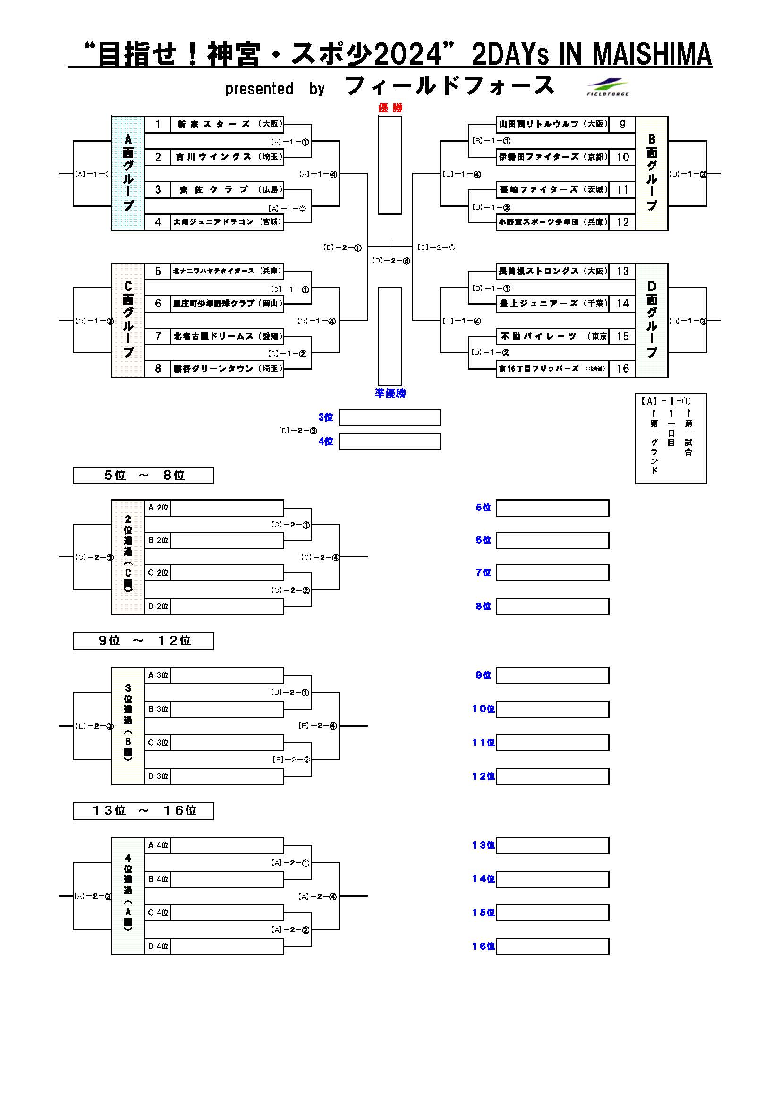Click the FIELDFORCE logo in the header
click(x=608, y=87)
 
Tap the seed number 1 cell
click(x=158, y=125)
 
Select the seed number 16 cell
click(x=623, y=369)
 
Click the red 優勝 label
click(x=390, y=108)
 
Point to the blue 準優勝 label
click(x=390, y=393)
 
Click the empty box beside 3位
click(x=390, y=417)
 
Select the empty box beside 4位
click(x=390, y=442)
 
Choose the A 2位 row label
click(x=158, y=508)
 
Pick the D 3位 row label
click(x=158, y=776)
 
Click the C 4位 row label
click(x=158, y=913)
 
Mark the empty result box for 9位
click(x=552, y=675)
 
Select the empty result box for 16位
click(x=552, y=946)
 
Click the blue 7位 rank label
click(x=483, y=573)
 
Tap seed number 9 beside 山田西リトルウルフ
click(x=623, y=125)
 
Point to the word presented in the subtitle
click(x=259, y=89)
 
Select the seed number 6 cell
click(x=158, y=304)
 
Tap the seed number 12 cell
click(x=623, y=222)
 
